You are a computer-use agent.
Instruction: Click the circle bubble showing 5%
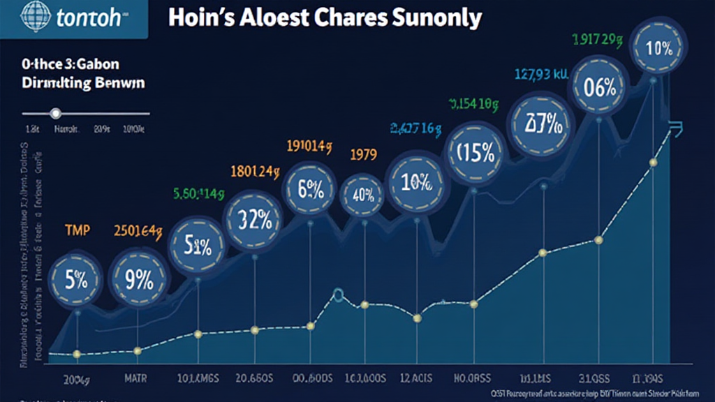coord(77,280)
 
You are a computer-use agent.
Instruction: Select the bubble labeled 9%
coord(138,279)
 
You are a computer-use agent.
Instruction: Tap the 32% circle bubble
coord(254,220)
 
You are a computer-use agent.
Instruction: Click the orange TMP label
coord(77,230)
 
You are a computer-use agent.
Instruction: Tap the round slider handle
coord(56,113)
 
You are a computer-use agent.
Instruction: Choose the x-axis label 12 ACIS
coord(418,378)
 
